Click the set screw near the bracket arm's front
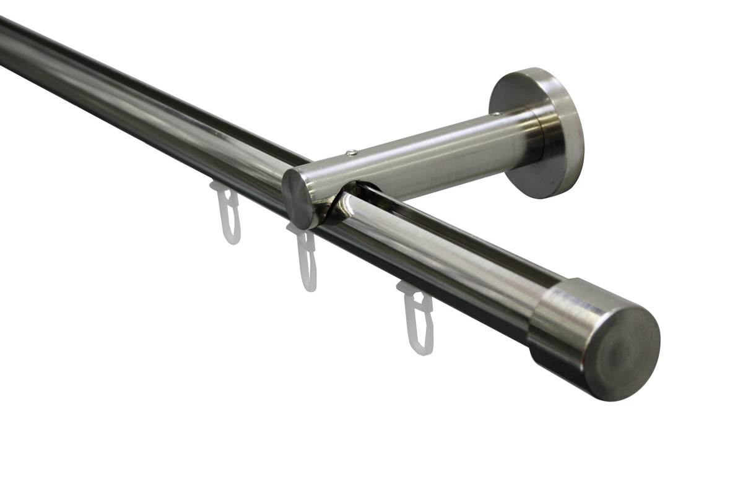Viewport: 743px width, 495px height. click(351, 153)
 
